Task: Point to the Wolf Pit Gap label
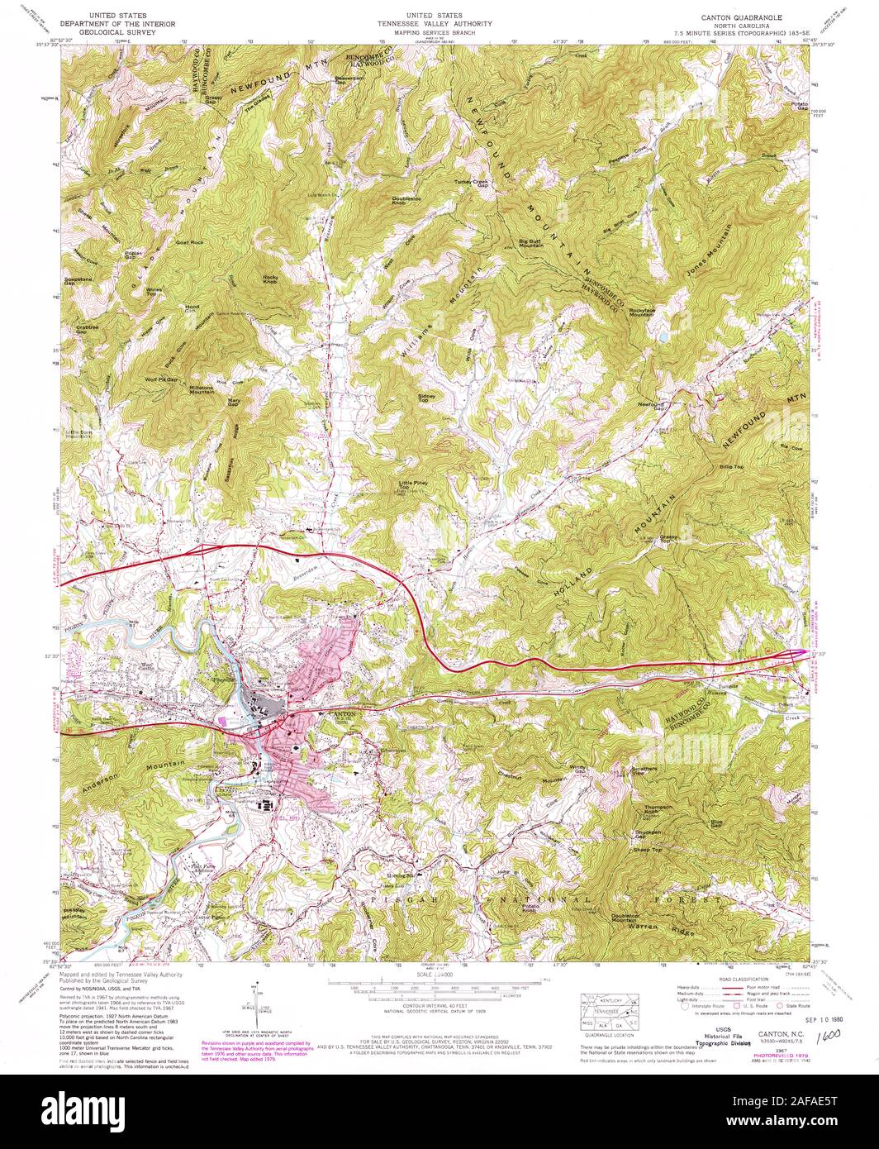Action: click(161, 380)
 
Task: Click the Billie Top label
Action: click(732, 468)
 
